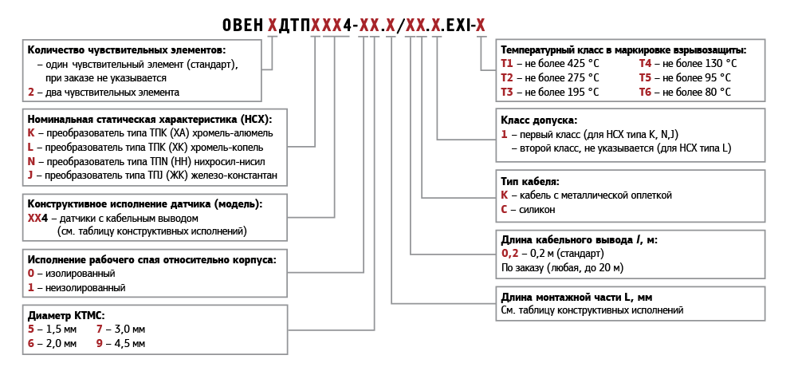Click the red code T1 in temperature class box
coord(507,64)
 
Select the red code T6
coord(646,93)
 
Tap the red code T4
coord(646,64)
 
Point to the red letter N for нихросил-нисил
coord(32,162)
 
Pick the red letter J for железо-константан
coord(30,176)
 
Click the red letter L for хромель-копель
coord(30,148)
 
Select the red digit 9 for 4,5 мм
coord(99,344)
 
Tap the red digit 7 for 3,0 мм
coord(99,330)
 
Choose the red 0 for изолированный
coord(31,273)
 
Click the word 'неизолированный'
coord(85,288)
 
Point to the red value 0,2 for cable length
coord(509,253)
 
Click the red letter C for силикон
coord(505,210)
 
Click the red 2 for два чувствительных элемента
coord(31,93)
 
